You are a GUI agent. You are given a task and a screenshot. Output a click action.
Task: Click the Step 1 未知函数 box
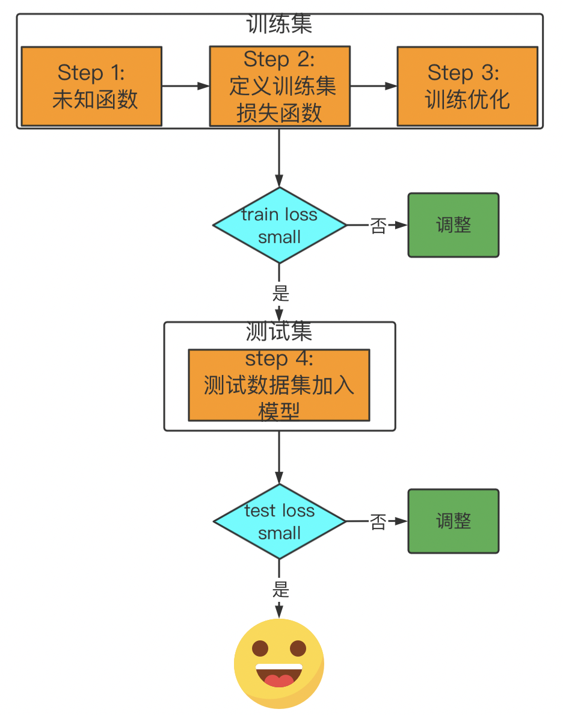pyautogui.click(x=91, y=86)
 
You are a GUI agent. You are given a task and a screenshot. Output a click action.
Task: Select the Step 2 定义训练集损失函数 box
pyautogui.click(x=280, y=87)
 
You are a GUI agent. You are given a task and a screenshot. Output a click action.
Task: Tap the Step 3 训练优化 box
pyautogui.click(x=467, y=86)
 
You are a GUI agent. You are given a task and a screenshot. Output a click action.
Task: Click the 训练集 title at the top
pyautogui.click(x=279, y=25)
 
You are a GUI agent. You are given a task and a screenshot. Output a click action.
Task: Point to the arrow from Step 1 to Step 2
pyautogui.click(x=185, y=86)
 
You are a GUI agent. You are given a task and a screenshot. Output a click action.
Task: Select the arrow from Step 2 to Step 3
pyautogui.click(x=373, y=86)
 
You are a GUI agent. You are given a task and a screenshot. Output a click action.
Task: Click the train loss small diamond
pyautogui.click(x=280, y=225)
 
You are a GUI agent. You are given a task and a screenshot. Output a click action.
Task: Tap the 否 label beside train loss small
pyautogui.click(x=378, y=226)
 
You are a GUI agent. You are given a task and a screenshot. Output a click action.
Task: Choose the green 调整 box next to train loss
pyautogui.click(x=454, y=225)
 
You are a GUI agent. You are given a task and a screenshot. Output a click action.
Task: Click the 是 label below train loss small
pyautogui.click(x=280, y=293)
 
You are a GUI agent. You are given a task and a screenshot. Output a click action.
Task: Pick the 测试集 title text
pyautogui.click(x=279, y=332)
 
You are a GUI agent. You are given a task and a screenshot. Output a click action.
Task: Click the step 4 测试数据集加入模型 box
pyautogui.click(x=279, y=385)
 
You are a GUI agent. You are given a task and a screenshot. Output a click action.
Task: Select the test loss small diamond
pyautogui.click(x=280, y=521)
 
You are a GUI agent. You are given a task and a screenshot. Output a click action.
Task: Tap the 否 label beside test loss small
pyautogui.click(x=378, y=522)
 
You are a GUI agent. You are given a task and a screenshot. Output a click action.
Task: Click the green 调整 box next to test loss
pyautogui.click(x=454, y=521)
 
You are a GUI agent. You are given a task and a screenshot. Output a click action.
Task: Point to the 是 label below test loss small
pyautogui.click(x=280, y=589)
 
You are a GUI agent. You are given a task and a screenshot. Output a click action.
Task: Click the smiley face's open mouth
pyautogui.click(x=279, y=676)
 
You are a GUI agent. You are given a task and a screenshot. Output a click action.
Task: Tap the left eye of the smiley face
pyautogui.click(x=260, y=649)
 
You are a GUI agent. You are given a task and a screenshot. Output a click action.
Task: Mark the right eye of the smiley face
pyautogui.click(x=298, y=649)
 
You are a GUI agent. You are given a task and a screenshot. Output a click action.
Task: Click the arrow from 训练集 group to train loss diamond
pyautogui.click(x=279, y=158)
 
